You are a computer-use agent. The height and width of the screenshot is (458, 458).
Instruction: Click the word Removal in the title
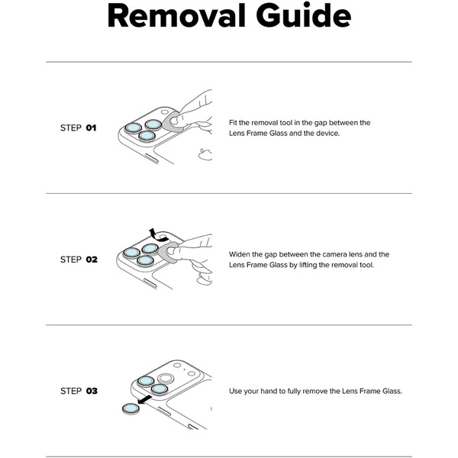[177, 16]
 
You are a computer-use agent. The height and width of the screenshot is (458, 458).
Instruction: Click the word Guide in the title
[304, 15]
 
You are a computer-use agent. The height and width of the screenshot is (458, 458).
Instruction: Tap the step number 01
[91, 128]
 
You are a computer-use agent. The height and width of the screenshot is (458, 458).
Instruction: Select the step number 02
[92, 260]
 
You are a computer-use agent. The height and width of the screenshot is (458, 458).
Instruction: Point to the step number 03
[92, 391]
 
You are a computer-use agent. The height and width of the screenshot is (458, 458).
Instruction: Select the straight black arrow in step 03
[145, 400]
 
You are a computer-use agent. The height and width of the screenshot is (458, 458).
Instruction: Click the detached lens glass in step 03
[131, 408]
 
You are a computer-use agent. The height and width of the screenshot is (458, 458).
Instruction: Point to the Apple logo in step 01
[205, 154]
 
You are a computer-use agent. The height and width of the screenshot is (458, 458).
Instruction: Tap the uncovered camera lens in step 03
[166, 379]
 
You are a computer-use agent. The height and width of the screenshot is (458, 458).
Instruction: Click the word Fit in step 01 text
[233, 123]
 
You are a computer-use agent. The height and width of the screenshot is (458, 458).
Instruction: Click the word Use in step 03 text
[235, 391]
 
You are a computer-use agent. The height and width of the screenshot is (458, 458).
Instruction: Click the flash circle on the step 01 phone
[165, 112]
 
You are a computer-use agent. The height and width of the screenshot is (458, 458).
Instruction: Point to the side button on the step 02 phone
[150, 284]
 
